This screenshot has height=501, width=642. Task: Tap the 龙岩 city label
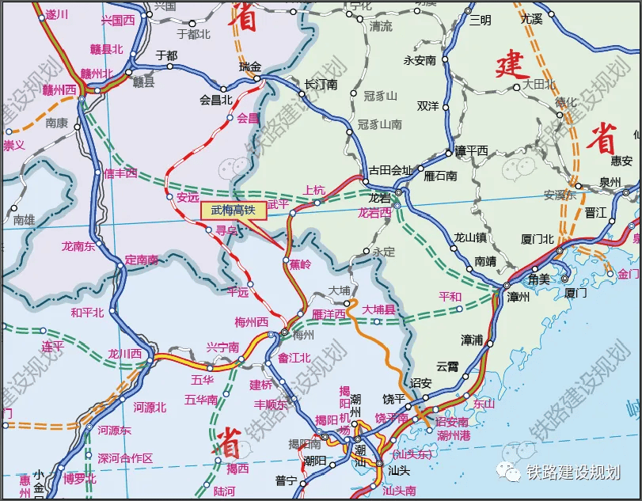[382, 197]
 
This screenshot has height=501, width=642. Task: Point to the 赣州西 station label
[59, 89]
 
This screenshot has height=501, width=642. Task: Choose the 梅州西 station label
[252, 321]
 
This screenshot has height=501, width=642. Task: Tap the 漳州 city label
[519, 298]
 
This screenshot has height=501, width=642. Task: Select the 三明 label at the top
[481, 21]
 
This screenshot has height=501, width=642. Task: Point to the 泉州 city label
[610, 182]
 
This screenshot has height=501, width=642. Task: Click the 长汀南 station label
[321, 84]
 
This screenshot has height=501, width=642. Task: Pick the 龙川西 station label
[125, 354]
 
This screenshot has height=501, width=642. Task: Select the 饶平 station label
[393, 398]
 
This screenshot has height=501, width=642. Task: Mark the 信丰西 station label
[120, 173]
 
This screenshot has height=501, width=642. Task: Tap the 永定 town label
[384, 252]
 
